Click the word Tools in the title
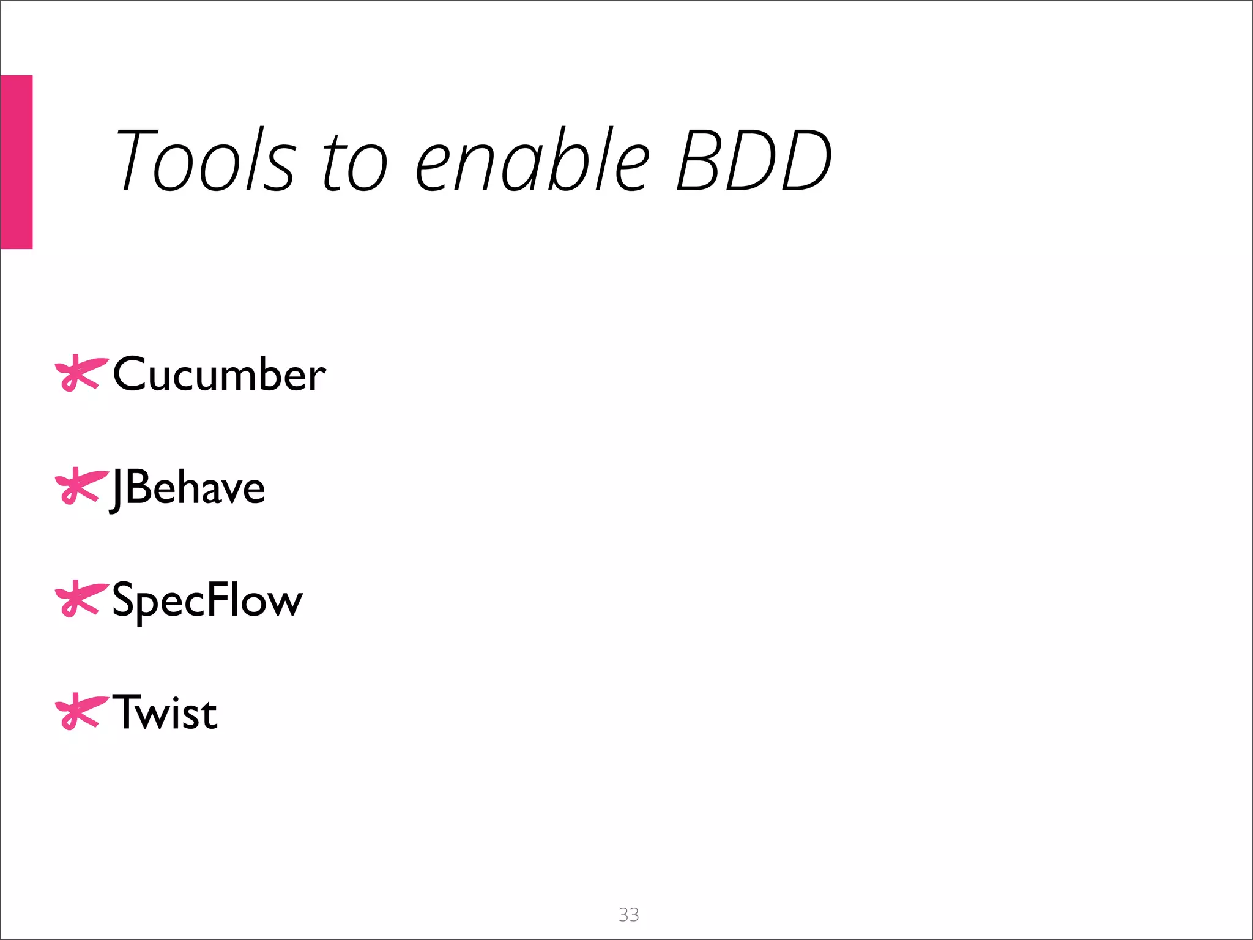(x=206, y=160)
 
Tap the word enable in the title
(x=532, y=160)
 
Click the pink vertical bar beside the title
(x=17, y=162)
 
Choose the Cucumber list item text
(x=219, y=374)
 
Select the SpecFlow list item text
(x=207, y=600)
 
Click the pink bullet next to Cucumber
(x=80, y=372)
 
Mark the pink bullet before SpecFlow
(x=80, y=599)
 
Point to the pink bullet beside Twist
(x=80, y=711)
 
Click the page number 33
(x=628, y=914)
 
